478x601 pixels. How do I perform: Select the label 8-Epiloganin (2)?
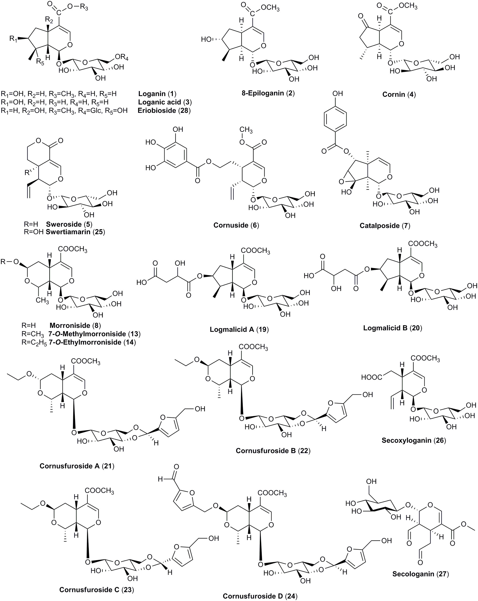click(268, 93)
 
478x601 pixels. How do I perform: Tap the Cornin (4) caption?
click(399, 94)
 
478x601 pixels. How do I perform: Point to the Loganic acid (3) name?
click(165, 102)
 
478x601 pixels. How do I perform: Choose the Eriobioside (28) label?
click(164, 110)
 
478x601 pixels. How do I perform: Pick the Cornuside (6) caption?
click(236, 225)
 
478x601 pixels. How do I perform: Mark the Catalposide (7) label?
click(385, 225)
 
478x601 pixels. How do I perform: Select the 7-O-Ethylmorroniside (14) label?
click(92, 342)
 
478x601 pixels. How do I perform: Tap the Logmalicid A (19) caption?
click(239, 330)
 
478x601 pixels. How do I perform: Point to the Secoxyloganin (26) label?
click(414, 441)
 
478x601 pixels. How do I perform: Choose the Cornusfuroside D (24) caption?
click(260, 596)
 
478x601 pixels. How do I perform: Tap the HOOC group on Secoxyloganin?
click(372, 377)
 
